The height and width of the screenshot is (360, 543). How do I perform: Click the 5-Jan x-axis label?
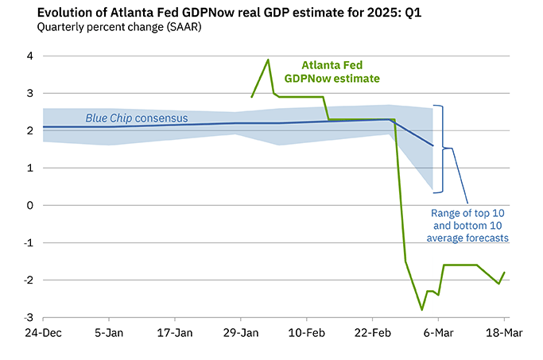click(108, 331)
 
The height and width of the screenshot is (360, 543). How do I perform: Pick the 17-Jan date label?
click(174, 331)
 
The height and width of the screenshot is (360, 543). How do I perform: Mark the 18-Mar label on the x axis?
click(504, 331)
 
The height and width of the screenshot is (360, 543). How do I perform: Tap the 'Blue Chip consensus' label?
click(137, 118)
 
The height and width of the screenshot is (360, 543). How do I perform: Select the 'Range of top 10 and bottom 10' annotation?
click(468, 225)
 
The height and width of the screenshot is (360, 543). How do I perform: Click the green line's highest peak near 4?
click(268, 60)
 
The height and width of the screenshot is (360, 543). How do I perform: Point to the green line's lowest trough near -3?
click(421, 309)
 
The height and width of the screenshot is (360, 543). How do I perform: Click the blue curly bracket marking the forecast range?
click(442, 149)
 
